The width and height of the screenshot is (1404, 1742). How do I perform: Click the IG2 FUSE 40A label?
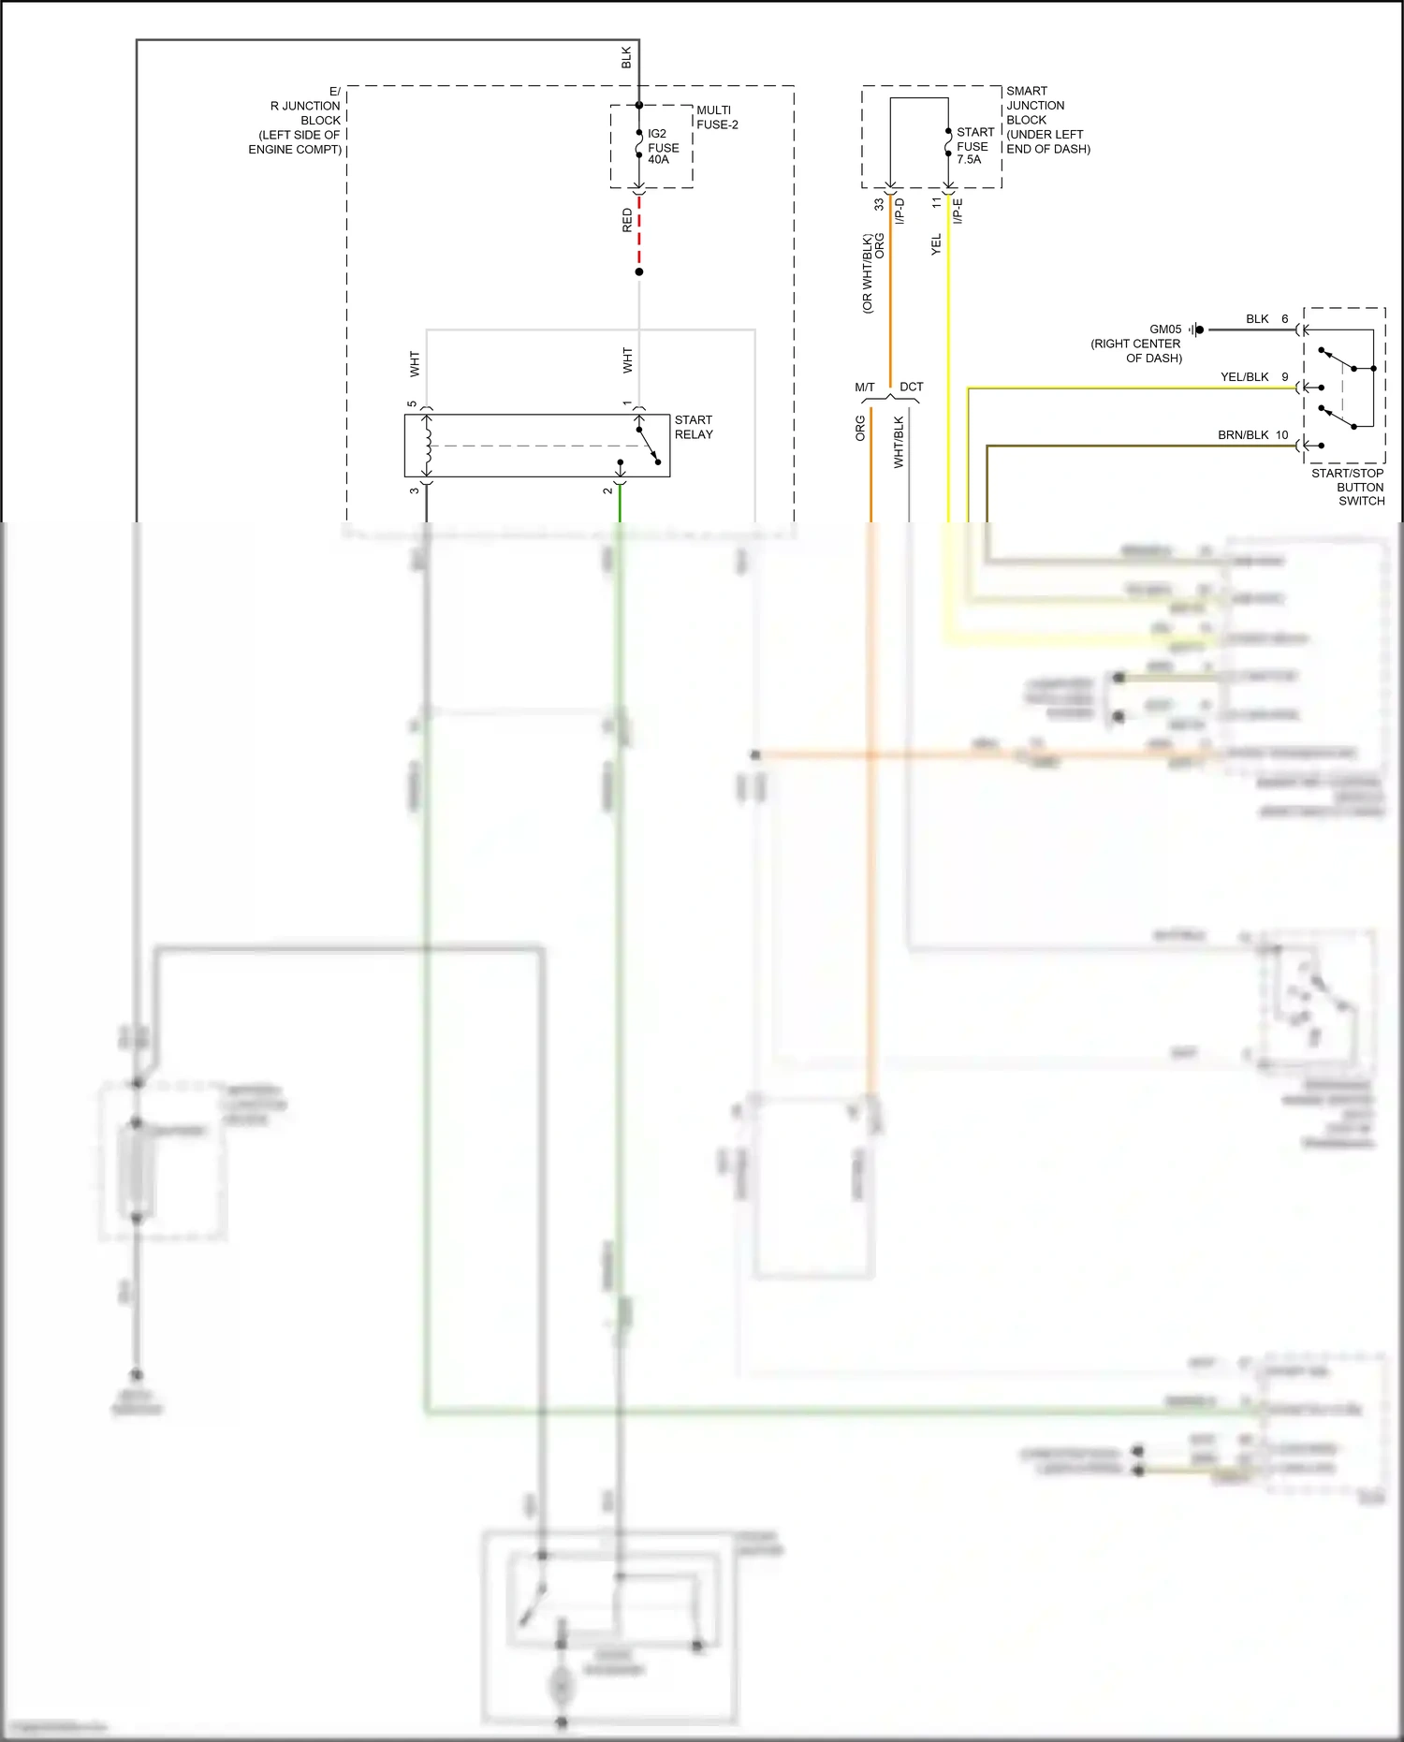(x=663, y=147)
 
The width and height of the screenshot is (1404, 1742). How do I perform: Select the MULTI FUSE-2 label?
(x=717, y=117)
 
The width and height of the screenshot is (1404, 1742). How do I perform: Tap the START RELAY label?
(x=694, y=427)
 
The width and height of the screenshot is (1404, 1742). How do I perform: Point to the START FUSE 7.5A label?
(x=974, y=146)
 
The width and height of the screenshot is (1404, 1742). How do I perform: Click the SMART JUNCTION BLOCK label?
(x=1047, y=120)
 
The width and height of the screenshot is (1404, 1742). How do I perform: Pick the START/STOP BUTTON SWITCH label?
(x=1348, y=487)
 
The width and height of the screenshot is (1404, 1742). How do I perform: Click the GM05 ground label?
(x=1165, y=329)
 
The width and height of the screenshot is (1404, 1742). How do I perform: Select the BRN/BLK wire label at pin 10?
(x=1243, y=435)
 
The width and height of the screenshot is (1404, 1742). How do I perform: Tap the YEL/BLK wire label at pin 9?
(x=1244, y=377)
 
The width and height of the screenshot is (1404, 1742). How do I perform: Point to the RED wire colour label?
(x=627, y=221)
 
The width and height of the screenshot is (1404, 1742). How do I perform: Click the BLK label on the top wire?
(x=626, y=57)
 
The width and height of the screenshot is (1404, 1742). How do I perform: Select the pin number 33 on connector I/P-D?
(x=879, y=204)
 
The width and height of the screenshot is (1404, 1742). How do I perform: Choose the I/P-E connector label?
(x=958, y=211)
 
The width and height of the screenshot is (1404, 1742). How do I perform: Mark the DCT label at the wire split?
(x=911, y=387)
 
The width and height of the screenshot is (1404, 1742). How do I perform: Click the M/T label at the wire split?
(x=864, y=388)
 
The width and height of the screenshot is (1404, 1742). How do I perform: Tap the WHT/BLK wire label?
(x=899, y=442)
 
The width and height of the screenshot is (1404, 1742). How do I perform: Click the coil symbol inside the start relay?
(x=428, y=445)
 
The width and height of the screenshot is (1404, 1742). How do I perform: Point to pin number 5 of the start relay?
(x=412, y=404)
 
